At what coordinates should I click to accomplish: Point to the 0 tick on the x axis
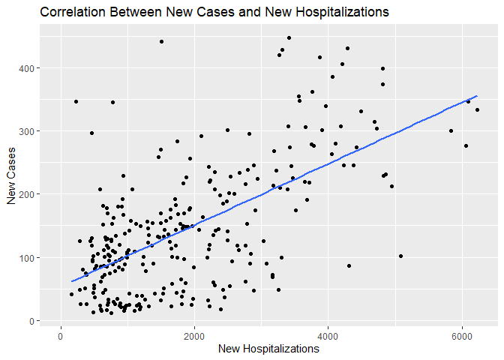coord(61,334)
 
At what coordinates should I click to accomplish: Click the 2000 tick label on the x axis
coord(194,334)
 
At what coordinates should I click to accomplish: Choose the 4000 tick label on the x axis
coord(328,334)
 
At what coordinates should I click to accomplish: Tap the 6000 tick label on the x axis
coord(462,334)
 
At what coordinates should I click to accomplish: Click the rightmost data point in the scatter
coord(477,109)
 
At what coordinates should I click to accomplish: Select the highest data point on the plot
coord(289,37)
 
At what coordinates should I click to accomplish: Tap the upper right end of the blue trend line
coord(477,96)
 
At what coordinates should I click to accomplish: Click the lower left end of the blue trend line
coord(71,281)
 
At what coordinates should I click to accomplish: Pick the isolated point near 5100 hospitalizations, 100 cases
coord(401,256)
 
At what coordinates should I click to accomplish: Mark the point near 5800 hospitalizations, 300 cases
coord(451,130)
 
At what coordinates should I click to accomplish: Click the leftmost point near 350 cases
coord(76,101)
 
